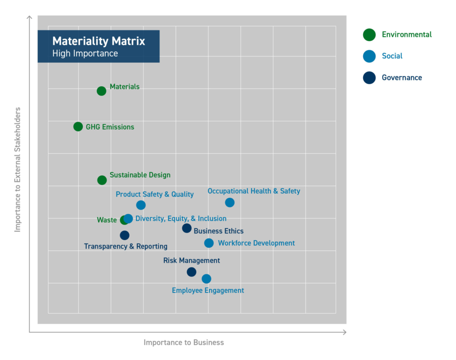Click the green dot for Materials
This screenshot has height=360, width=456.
point(101,91)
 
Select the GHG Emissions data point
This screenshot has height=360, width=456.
point(78,126)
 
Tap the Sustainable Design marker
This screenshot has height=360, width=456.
point(102,180)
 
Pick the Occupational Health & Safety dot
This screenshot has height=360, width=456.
point(229,203)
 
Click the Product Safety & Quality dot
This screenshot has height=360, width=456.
point(141,205)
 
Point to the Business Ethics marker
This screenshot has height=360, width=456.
point(187,228)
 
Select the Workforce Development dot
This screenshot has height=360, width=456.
point(209,243)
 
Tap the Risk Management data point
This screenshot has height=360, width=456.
point(191,272)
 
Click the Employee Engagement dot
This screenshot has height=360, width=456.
point(206,279)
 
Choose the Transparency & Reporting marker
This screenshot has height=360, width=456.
point(125,235)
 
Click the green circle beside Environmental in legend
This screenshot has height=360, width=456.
point(369,34)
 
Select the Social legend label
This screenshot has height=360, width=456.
point(392,56)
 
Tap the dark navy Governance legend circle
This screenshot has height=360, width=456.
point(369,78)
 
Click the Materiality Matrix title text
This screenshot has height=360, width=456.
point(98,42)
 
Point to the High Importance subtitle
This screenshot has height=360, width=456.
point(85,54)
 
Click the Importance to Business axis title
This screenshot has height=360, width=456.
point(184,342)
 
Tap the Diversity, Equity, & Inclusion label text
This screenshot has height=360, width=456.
point(181,218)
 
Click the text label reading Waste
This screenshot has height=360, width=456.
point(107,220)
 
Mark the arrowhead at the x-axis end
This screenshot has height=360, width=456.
point(344,332)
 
